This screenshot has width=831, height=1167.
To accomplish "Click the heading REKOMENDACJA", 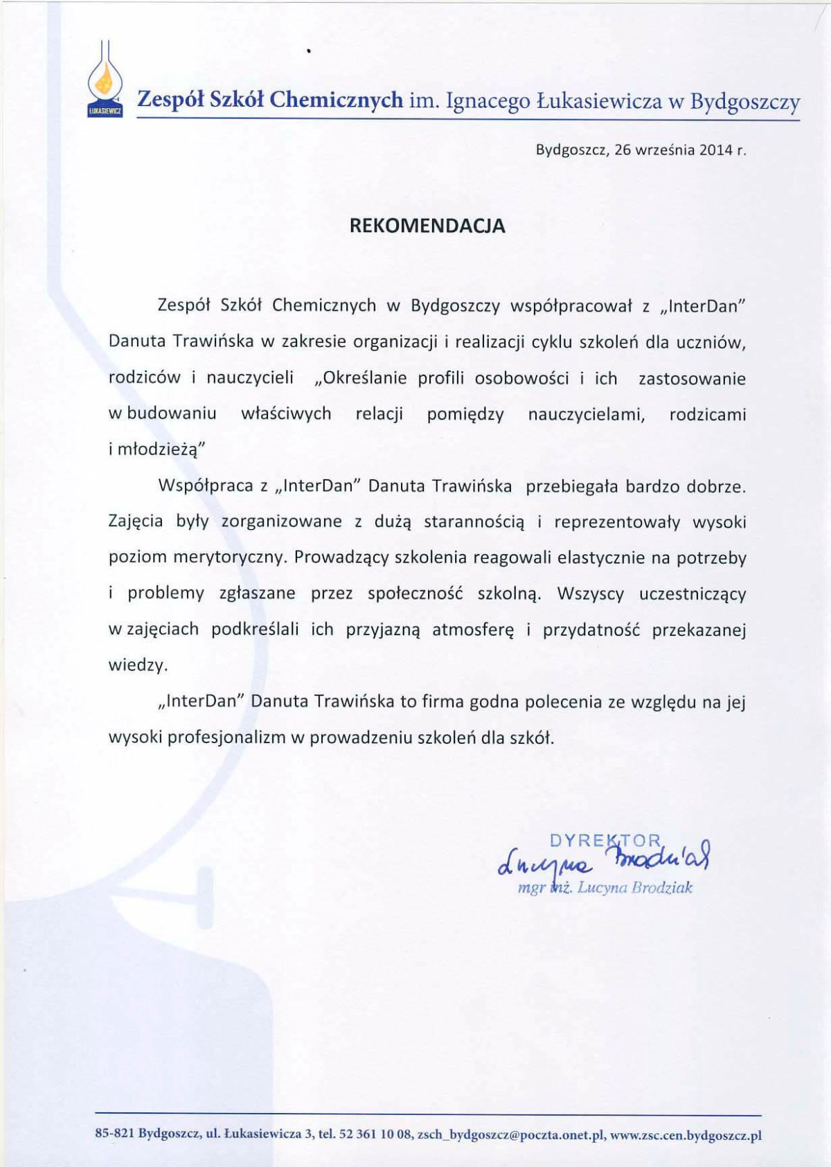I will coord(427,226).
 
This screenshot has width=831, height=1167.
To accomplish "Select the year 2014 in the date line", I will coord(715,150).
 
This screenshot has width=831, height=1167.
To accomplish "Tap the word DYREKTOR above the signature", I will coord(605,841).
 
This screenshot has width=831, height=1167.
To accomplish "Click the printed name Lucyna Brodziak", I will coord(634,887).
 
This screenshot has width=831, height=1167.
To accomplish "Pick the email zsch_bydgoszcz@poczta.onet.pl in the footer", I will coord(511,1135).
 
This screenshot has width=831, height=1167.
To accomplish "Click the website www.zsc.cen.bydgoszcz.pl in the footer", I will coord(686,1135).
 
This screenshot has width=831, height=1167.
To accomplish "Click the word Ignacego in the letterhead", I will coord(488,102).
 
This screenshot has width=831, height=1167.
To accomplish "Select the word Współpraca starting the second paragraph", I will coord(206,485).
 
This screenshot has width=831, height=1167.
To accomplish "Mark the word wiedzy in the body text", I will coord(136,666).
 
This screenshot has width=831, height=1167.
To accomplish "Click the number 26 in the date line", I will coord(623,150).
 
